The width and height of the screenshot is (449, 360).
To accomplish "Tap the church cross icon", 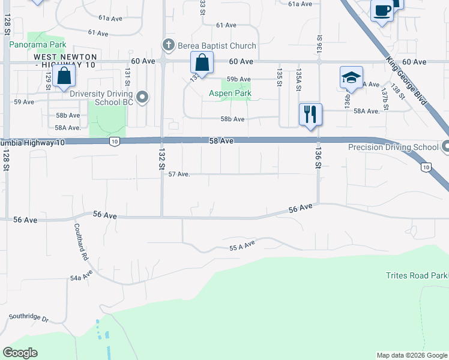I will [x=169, y=45].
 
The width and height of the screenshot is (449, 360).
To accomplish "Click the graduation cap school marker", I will [x=351, y=77].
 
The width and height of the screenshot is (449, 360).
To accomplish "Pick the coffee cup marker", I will [x=382, y=10].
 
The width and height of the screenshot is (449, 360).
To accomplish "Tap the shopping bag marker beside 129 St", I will [x=64, y=76].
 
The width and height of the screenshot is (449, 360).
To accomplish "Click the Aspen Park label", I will [x=230, y=93].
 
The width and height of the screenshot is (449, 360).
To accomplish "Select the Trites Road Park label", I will [x=417, y=275].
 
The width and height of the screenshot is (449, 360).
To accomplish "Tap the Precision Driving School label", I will [x=393, y=147].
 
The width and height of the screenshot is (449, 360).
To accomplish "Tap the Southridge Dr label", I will [x=28, y=316].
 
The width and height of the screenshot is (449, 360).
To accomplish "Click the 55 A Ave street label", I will [x=243, y=244].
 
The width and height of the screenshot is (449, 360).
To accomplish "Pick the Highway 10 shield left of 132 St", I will [x=115, y=142].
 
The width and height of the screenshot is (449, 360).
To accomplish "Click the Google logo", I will [x=20, y=353].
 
